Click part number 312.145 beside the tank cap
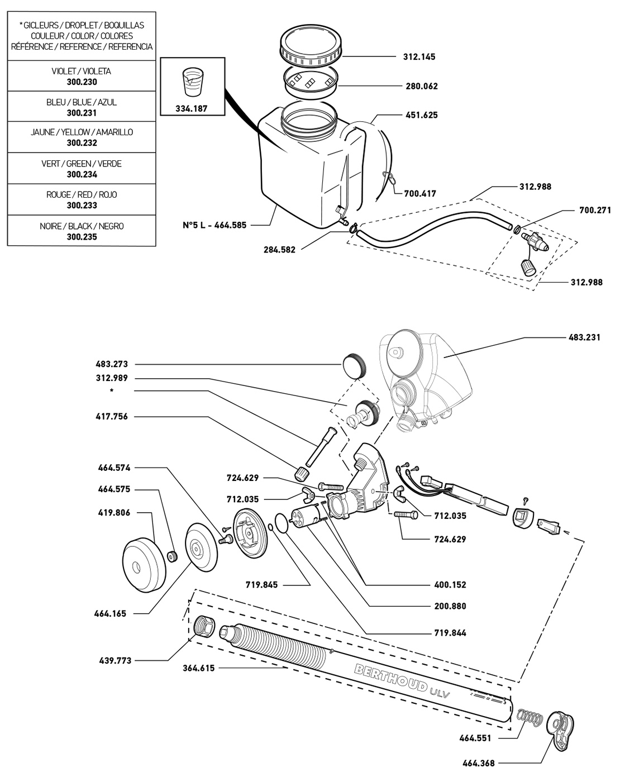[419, 57]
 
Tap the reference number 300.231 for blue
[82, 113]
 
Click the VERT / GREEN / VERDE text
[82, 164]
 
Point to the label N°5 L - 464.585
[214, 225]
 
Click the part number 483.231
[584, 337]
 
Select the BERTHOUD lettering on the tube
[391, 677]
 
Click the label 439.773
[116, 661]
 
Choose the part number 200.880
[450, 606]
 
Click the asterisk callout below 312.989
[112, 391]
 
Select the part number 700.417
[420, 194]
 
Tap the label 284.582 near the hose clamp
[279, 250]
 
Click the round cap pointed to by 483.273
[353, 365]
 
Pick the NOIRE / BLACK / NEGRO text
[82, 226]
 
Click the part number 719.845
[261, 585]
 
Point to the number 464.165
[110, 613]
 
